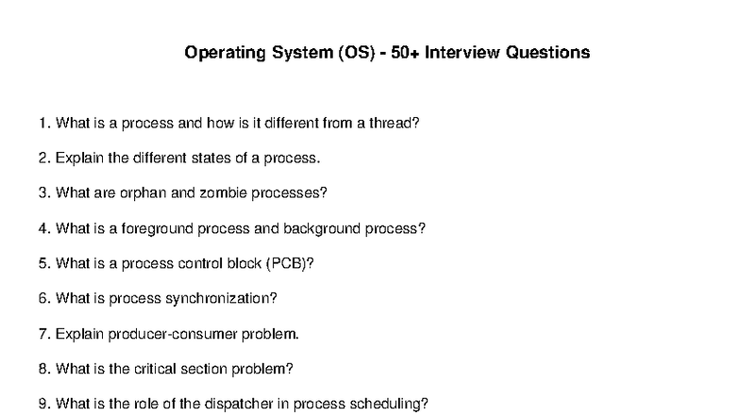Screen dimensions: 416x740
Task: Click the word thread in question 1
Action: click(x=393, y=123)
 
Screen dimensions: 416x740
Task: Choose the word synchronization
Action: click(x=221, y=298)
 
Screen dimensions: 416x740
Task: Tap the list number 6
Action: click(x=43, y=298)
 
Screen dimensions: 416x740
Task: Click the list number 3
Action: click(x=43, y=192)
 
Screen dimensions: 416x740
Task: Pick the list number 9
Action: click(x=43, y=404)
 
